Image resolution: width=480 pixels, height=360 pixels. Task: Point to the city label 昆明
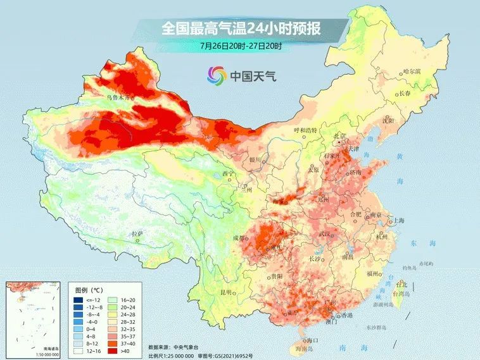[226, 292]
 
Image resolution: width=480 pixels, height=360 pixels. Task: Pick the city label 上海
[398, 220]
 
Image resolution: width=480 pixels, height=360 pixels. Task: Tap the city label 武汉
[325, 235]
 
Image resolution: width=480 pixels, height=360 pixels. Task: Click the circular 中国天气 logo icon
[216, 76]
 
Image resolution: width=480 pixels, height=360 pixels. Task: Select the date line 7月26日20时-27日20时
[240, 46]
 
